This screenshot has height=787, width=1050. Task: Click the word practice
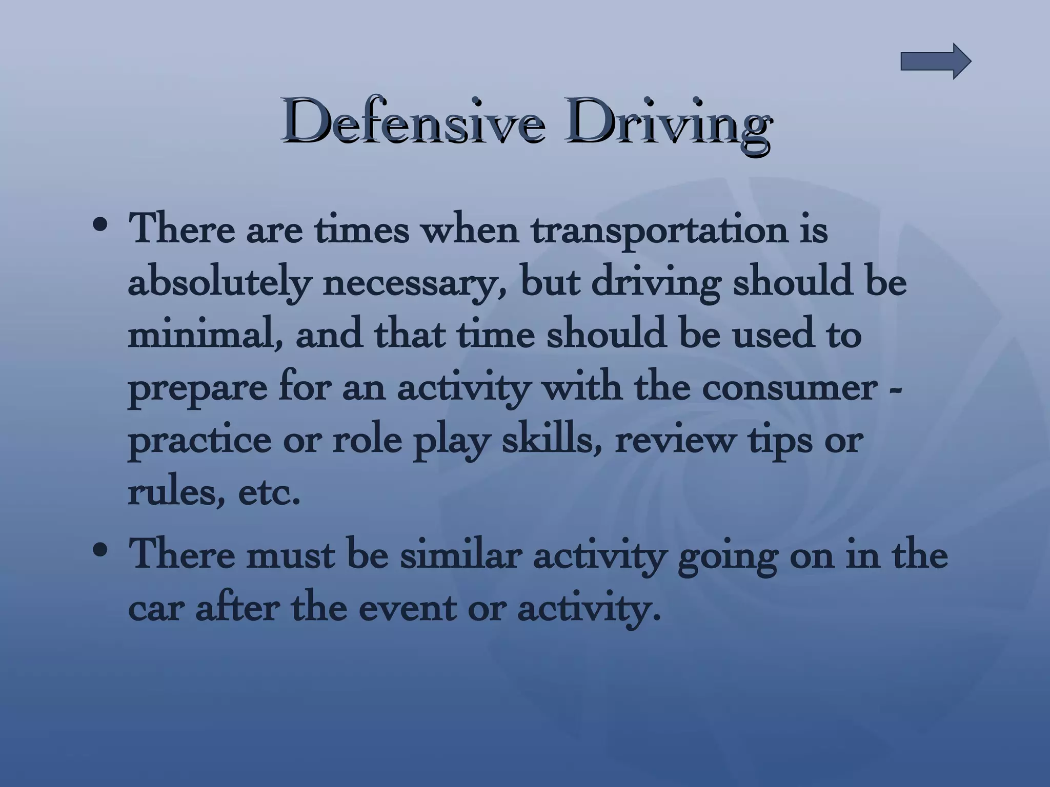(x=199, y=442)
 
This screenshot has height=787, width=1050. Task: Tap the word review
(x=674, y=442)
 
